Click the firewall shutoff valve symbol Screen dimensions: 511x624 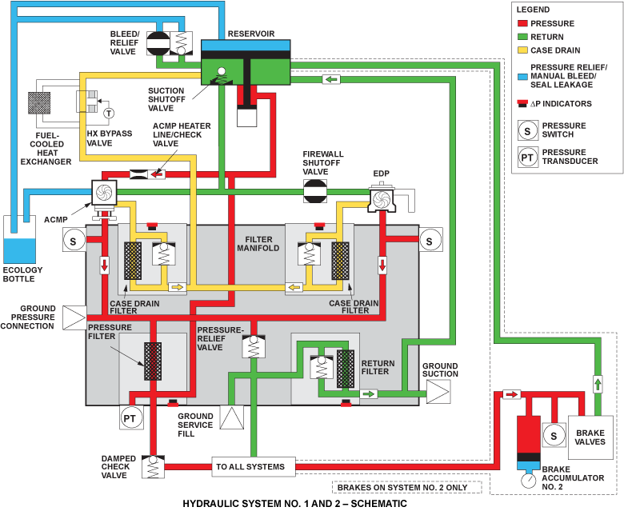click(x=314, y=191)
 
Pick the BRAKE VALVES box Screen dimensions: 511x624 click(x=590, y=437)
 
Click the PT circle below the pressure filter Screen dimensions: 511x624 click(x=130, y=417)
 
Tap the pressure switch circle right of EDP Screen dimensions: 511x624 click(x=430, y=239)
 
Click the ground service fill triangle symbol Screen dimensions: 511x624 click(x=231, y=418)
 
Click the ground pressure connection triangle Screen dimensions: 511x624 click(x=74, y=317)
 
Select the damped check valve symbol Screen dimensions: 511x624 click(x=153, y=465)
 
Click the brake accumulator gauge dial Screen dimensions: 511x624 click(x=527, y=481)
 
